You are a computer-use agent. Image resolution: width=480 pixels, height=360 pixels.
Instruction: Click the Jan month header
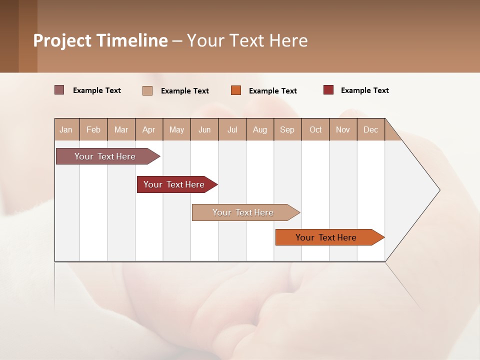pyautogui.click(x=66, y=129)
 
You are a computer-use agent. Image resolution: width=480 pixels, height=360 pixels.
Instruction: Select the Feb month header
pyautogui.click(x=93, y=129)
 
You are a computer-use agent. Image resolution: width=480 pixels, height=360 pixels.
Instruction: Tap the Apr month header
pyautogui.click(x=148, y=129)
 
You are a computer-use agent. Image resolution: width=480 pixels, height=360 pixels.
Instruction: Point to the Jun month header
pyautogui.click(x=204, y=129)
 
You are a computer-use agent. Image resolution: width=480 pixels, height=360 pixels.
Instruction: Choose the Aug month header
pyautogui.click(x=259, y=129)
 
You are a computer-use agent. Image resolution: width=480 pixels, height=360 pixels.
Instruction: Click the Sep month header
pyautogui.click(x=287, y=129)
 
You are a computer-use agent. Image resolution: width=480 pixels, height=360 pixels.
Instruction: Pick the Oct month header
pyautogui.click(x=315, y=129)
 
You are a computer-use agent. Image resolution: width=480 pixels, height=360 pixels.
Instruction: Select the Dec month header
pyautogui.click(x=370, y=129)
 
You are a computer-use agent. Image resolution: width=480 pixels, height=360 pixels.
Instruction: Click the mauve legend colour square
pyautogui.click(x=59, y=90)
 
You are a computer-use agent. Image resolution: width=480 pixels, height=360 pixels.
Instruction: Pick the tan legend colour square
pyautogui.click(x=147, y=90)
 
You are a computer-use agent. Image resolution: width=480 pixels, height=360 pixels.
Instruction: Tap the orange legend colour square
pyautogui.click(x=236, y=90)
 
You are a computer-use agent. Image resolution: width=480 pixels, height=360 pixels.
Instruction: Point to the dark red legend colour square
pyautogui.click(x=328, y=90)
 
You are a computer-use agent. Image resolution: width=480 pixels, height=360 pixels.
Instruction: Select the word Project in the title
pyautogui.click(x=62, y=40)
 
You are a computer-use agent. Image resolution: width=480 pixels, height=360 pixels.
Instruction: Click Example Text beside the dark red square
pyautogui.click(x=364, y=90)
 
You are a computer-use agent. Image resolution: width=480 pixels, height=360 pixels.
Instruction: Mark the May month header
pyautogui.click(x=176, y=129)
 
